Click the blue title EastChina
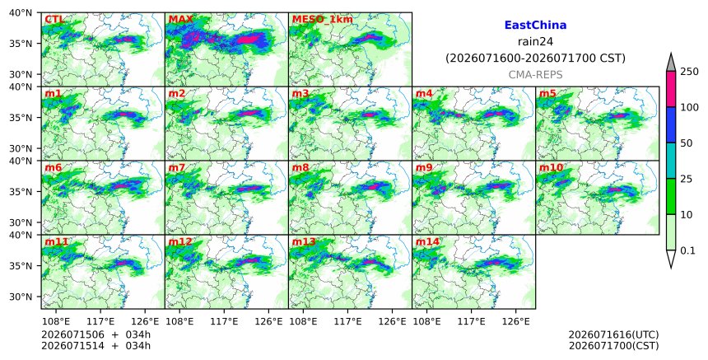click(535, 26)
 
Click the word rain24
click(535, 41)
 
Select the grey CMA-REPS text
click(535, 75)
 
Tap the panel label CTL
click(54, 20)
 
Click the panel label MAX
click(180, 20)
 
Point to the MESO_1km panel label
click(323, 20)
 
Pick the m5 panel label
click(547, 93)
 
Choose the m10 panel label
click(551, 167)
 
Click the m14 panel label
click(427, 241)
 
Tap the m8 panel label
click(300, 167)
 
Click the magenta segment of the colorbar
click(670, 90)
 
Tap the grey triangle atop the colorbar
click(670, 63)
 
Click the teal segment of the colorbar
click(670, 161)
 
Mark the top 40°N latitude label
click(21, 12)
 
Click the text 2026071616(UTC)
click(613, 334)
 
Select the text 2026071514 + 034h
click(95, 346)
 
